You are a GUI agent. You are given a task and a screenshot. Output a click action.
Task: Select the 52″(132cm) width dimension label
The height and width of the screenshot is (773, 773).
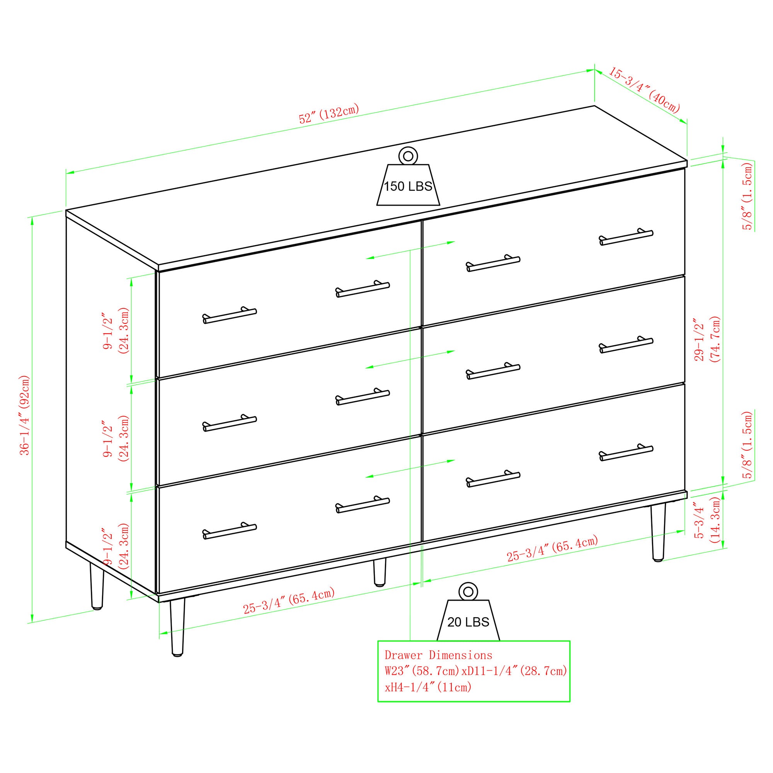[329, 114]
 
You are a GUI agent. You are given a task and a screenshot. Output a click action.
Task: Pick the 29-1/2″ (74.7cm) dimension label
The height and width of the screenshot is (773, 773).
[707, 339]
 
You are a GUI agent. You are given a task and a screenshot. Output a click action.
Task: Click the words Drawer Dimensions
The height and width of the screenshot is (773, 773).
[439, 656]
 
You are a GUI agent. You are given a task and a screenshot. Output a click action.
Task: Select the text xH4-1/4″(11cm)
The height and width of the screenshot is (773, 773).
[428, 687]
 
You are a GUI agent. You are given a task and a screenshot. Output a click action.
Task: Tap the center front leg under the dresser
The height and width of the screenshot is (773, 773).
[380, 572]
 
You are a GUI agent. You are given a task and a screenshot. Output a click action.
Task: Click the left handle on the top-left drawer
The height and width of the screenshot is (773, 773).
[230, 315]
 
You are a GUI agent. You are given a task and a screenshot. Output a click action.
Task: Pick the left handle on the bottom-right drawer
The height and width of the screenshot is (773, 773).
[493, 478]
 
